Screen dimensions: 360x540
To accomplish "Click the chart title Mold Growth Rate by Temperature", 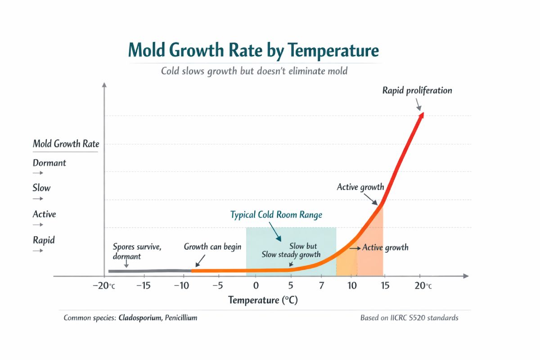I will [253, 50].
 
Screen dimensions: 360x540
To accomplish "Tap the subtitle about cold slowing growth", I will [254, 71].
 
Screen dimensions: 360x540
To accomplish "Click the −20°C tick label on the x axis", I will [105, 286].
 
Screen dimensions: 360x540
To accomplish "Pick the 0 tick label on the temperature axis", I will [256, 286].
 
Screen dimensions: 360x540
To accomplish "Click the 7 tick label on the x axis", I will [321, 286].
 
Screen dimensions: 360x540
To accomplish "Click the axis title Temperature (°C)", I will [263, 300].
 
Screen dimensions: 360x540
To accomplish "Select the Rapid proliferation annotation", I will [417, 90].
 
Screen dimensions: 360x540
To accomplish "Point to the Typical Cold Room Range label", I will [276, 215].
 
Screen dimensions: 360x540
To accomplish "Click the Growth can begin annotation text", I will [212, 247].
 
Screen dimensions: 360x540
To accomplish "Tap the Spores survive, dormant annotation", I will [137, 251].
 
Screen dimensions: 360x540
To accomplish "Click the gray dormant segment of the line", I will [148, 271].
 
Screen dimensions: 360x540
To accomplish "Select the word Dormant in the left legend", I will [49, 163].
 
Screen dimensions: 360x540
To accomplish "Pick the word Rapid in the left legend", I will [44, 240].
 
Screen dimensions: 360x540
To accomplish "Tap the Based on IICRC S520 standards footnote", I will [409, 318].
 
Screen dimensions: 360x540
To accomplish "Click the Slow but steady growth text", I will [292, 251].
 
